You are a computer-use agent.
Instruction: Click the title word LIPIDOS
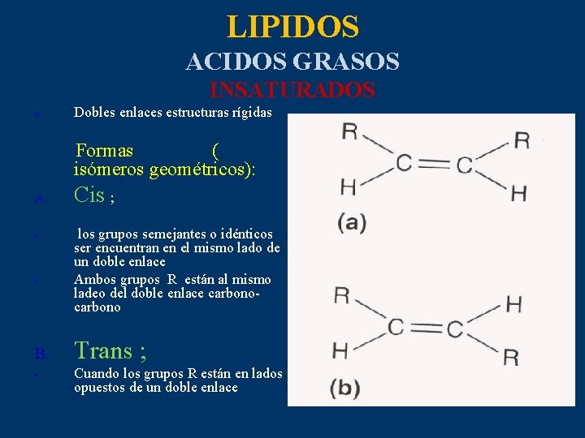point(292,27)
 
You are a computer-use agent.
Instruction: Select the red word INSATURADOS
point(292,89)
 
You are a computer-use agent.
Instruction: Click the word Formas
point(105,151)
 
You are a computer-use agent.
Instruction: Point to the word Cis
point(89,195)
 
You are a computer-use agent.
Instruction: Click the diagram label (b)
point(345,388)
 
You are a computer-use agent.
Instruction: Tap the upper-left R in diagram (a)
point(349,132)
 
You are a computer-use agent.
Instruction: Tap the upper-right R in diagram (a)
point(522,140)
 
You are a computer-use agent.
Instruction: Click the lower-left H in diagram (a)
point(348,187)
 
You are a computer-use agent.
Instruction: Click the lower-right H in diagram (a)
point(518,193)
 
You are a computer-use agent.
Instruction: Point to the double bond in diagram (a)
point(434,165)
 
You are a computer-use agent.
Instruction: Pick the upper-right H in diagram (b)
point(513,304)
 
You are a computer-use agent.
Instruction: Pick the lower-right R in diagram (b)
point(510,358)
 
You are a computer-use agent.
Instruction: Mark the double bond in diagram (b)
point(424,328)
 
